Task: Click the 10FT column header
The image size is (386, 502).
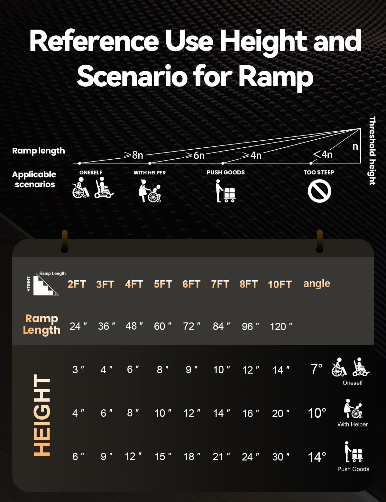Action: click(280, 284)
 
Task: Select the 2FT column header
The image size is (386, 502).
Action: click(77, 284)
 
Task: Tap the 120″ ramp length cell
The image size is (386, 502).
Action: click(281, 326)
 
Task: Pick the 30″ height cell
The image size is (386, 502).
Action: click(280, 457)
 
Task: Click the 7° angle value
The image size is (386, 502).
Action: click(317, 369)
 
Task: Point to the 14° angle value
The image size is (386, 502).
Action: click(317, 457)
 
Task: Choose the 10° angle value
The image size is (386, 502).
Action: click(317, 413)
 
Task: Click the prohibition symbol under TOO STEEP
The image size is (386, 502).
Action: click(319, 191)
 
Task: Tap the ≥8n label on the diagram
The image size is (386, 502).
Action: click(134, 155)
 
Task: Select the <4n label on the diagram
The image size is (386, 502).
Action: click(323, 154)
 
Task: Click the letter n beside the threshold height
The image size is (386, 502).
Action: click(355, 146)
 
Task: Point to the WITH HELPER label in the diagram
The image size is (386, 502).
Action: click(150, 173)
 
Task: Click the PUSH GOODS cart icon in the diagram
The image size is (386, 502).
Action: click(225, 191)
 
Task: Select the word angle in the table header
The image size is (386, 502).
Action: click(317, 284)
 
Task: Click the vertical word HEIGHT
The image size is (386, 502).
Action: click(42, 415)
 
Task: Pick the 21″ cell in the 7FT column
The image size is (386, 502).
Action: click(221, 457)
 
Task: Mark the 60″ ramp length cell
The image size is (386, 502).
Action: click(162, 326)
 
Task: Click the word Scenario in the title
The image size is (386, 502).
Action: click(132, 77)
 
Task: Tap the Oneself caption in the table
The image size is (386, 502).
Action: click(353, 383)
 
